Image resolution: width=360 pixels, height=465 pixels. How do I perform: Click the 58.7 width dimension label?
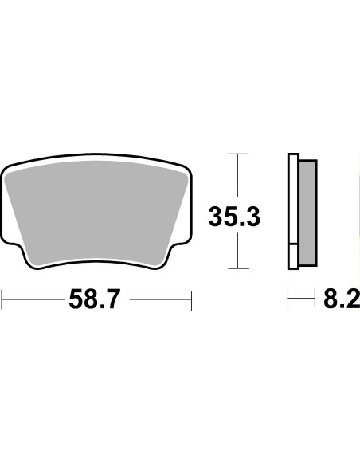pos(95,299)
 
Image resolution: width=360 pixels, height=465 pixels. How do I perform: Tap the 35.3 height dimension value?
pos(234,217)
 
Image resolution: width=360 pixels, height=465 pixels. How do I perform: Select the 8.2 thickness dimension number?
pos(342,299)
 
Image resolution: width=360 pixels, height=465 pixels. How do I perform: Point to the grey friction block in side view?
pos(308,213)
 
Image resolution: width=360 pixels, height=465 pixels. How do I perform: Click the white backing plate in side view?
pos(293,199)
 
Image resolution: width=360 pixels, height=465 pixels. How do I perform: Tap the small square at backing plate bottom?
pos(292,256)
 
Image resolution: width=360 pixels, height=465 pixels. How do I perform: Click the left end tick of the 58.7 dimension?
pos(2,299)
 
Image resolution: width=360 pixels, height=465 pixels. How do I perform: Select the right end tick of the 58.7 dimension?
pos(192,301)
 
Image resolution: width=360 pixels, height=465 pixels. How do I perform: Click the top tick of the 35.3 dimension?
pos(238,154)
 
